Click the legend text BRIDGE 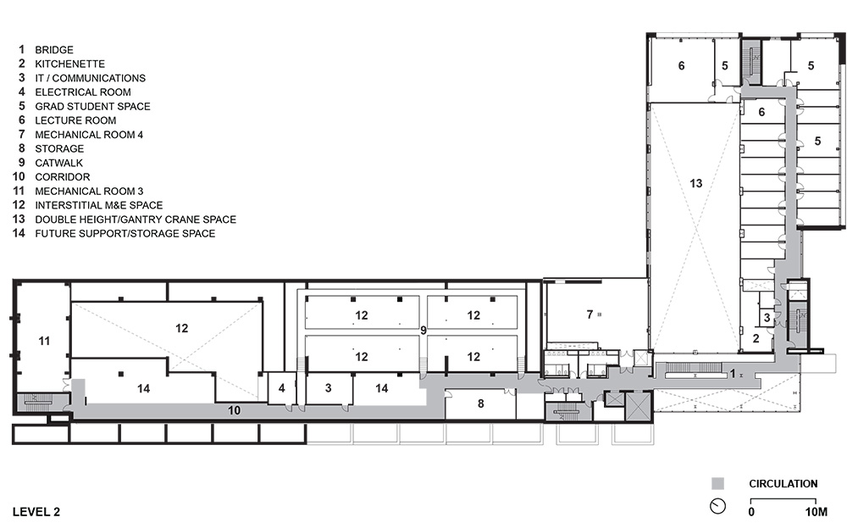(x=54, y=50)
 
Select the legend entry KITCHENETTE (x=69, y=64)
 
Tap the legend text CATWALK (x=59, y=163)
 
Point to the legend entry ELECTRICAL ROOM (x=83, y=92)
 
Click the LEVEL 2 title (x=36, y=512)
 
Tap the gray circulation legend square (x=717, y=483)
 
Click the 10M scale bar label (x=817, y=512)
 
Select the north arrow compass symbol (x=717, y=506)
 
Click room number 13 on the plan (x=695, y=183)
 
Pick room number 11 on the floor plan (x=44, y=341)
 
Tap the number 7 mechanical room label (x=590, y=314)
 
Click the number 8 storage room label (x=481, y=403)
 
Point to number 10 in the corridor (x=234, y=410)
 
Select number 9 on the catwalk (x=423, y=330)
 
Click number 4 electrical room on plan (x=281, y=387)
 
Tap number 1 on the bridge (x=733, y=374)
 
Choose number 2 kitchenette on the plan (x=756, y=338)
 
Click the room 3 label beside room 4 (x=328, y=387)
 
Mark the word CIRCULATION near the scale (x=783, y=483)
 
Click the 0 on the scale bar (x=751, y=512)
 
